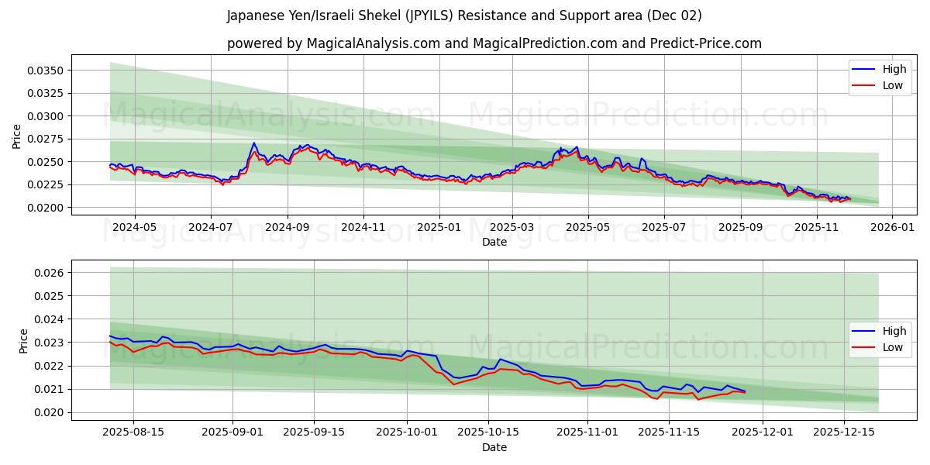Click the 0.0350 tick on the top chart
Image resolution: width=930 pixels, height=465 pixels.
coord(47,71)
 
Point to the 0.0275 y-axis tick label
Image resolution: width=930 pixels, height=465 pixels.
coord(47,139)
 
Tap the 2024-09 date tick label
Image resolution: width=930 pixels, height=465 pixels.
coord(288,227)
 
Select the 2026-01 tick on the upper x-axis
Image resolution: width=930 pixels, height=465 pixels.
coord(892,227)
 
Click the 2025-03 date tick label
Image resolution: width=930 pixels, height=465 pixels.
coord(511,227)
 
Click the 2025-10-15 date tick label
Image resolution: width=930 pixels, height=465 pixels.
coord(487,432)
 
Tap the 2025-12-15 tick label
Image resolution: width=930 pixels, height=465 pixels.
coord(842,432)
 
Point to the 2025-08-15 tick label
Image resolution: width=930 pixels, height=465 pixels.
coord(133,432)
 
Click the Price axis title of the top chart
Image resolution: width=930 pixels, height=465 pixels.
coord(17,136)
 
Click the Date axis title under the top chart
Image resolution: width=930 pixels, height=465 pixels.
coord(494,242)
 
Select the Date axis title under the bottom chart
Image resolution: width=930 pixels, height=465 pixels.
coord(494,447)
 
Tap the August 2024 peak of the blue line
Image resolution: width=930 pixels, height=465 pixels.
coord(253,143)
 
